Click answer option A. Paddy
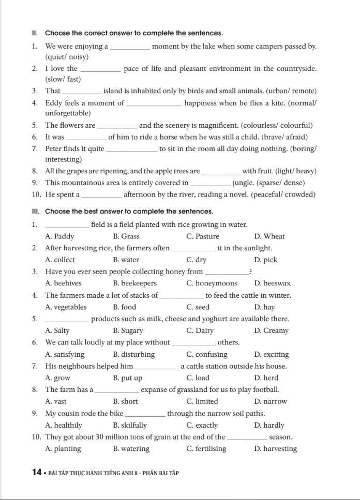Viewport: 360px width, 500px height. click(59, 236)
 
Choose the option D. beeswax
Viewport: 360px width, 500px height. click(272, 283)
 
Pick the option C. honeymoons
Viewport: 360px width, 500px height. click(212, 283)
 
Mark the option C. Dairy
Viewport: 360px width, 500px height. click(200, 331)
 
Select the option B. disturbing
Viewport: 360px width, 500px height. click(133, 355)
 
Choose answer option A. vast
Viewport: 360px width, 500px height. click(56, 401)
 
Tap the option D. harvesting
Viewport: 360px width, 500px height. click(275, 449)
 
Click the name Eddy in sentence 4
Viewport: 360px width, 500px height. click(54, 103)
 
